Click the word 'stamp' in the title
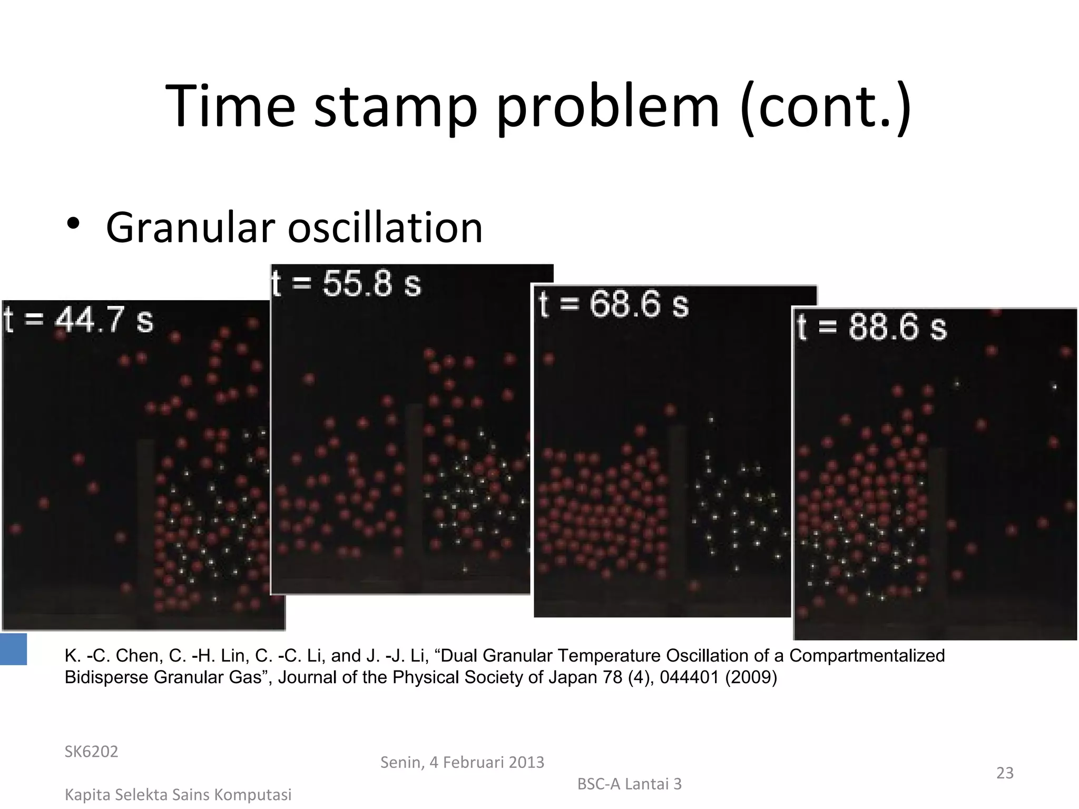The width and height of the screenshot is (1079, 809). [x=395, y=108]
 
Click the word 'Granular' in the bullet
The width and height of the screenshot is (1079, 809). [x=191, y=228]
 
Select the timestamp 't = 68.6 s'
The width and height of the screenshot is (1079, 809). [x=614, y=304]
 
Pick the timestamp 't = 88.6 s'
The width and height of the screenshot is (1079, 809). [x=872, y=327]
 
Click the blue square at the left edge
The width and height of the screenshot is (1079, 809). [x=13, y=649]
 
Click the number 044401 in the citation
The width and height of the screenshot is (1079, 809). [x=690, y=677]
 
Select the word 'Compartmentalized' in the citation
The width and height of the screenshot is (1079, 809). [x=867, y=656]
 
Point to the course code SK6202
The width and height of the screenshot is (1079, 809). [x=91, y=752]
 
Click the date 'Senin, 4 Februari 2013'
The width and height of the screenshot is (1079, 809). [x=462, y=762]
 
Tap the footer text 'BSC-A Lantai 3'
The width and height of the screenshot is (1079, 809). [x=629, y=784]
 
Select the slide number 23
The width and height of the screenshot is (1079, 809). [x=1005, y=773]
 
